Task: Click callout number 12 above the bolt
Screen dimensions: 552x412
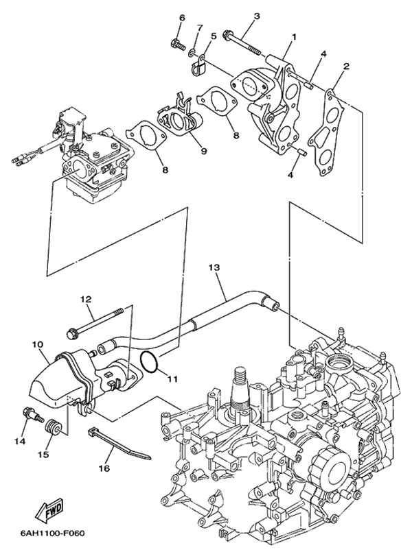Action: pyautogui.click(x=85, y=299)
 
